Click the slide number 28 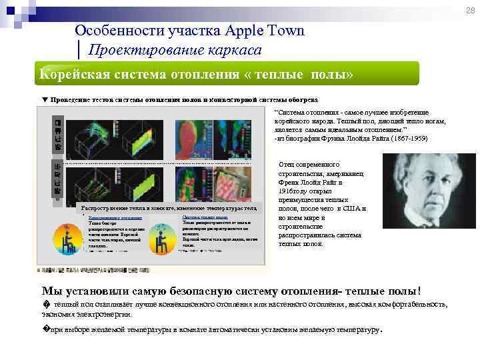(x=471, y=10)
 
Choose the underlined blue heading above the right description (x=205, y=217)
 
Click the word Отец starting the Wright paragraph (x=287, y=164)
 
